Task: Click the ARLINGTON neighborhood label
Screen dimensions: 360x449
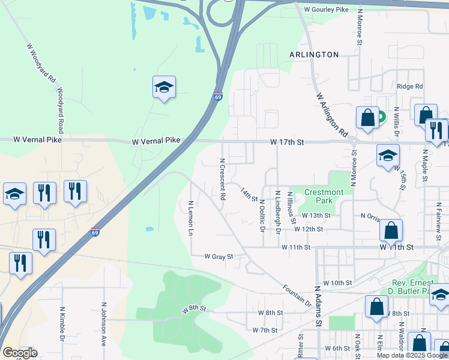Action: pyautogui.click(x=314, y=55)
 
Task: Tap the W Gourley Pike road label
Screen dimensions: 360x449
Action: pyautogui.click(x=326, y=10)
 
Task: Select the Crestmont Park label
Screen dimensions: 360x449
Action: pyautogui.click(x=324, y=196)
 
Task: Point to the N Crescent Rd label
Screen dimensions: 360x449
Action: pyautogui.click(x=222, y=179)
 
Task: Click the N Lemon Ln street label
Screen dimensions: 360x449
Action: pyautogui.click(x=191, y=217)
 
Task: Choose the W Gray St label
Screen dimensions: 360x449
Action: pyautogui.click(x=218, y=256)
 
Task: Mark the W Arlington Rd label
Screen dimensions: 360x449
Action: pyautogui.click(x=332, y=114)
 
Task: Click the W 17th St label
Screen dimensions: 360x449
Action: pyautogui.click(x=288, y=142)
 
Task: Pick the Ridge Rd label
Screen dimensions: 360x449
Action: pyautogui.click(x=410, y=86)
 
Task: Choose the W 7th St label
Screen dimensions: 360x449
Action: pyautogui.click(x=265, y=330)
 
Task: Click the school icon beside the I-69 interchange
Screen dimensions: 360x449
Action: pyautogui.click(x=164, y=88)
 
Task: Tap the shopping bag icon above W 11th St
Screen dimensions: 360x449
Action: pyautogui.click(x=391, y=230)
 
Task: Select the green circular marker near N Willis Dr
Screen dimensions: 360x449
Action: pyautogui.click(x=381, y=118)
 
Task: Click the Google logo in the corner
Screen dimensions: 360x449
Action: pyautogui.click(x=19, y=353)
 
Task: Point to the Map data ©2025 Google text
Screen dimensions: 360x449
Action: pyautogui.click(x=411, y=355)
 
